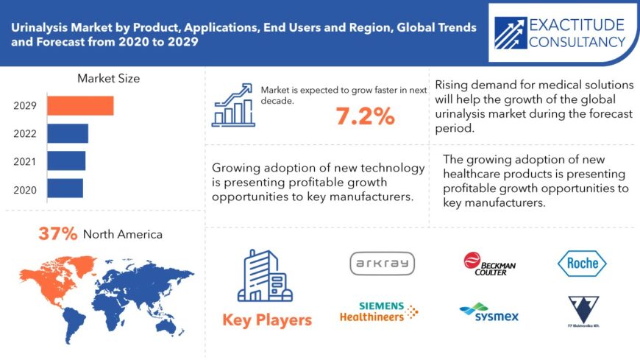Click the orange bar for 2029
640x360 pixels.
[x=80, y=106]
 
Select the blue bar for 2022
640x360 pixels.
[x=68, y=133]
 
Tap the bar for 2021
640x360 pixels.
[x=66, y=160]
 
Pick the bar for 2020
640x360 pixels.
[x=65, y=188]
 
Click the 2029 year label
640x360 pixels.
[x=25, y=106]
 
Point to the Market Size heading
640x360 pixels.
[x=108, y=78]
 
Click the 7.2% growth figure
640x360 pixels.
[x=365, y=116]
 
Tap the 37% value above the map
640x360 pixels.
[x=58, y=234]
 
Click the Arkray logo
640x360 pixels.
[x=382, y=264]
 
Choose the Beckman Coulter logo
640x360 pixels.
[x=490, y=264]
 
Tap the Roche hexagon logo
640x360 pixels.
[x=582, y=263]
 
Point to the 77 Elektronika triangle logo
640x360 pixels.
[x=583, y=309]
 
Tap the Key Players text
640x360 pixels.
[x=266, y=320]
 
